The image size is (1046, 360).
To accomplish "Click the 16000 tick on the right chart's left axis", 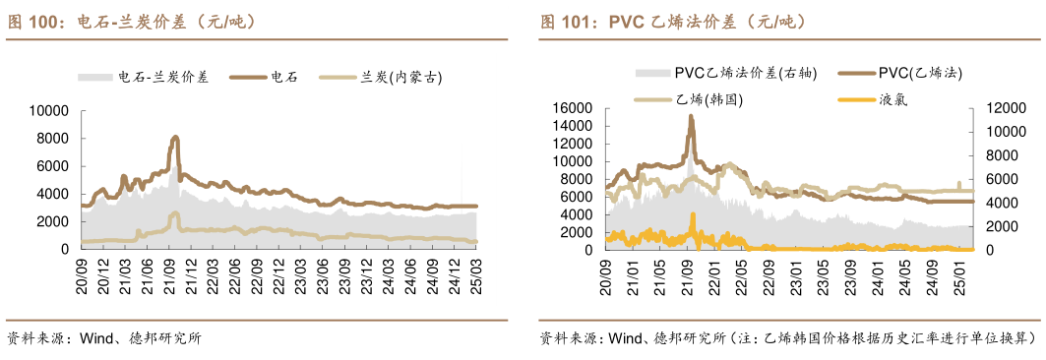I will tap(572, 108).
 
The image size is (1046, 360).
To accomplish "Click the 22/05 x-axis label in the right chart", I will tap(737, 278).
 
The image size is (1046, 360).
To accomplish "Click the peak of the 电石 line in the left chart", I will tap(175, 138).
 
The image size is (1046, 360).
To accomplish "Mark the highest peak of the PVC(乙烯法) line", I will tap(691, 116).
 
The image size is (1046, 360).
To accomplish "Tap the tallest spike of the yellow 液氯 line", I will tap(693, 214).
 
